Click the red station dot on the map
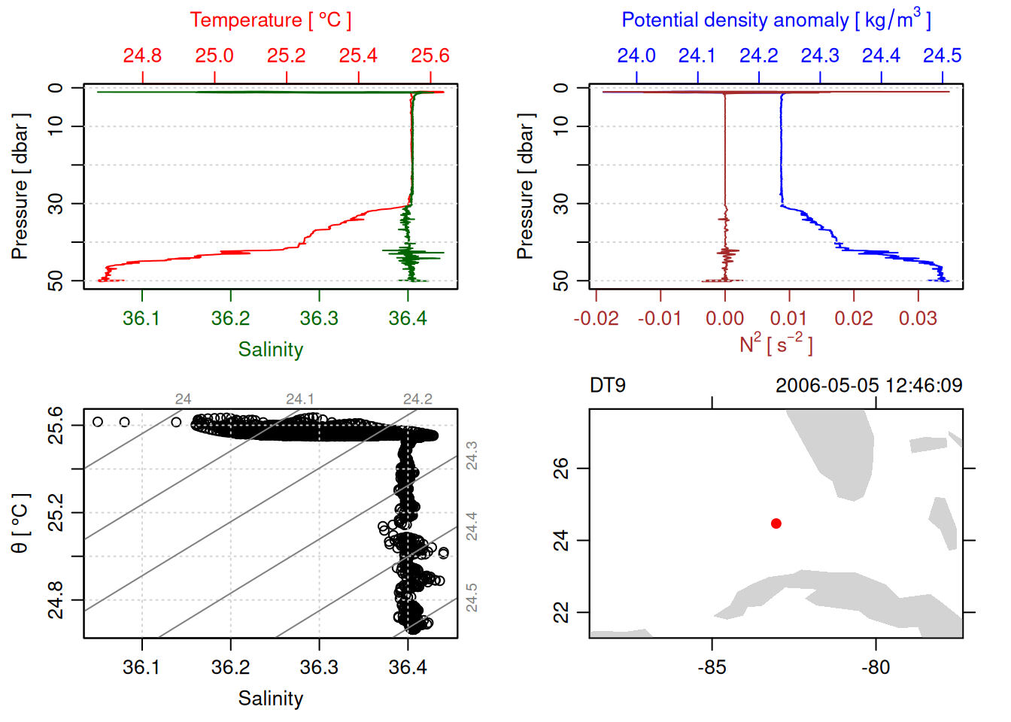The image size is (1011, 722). point(776,523)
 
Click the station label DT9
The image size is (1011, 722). point(608,386)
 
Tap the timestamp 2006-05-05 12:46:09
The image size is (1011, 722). point(868,386)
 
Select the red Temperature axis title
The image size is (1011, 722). point(270,20)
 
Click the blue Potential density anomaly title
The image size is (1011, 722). point(776,20)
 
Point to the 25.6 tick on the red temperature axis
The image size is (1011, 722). point(430,56)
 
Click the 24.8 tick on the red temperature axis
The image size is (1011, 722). point(142,56)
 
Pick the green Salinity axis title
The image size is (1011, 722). point(270,350)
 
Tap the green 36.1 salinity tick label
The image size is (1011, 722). point(141,319)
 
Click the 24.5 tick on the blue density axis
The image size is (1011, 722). point(942,56)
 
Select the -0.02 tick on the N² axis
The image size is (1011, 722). point(596,319)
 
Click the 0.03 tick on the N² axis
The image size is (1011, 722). point(918,319)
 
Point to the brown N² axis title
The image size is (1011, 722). point(776,344)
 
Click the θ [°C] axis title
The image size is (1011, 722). point(20,523)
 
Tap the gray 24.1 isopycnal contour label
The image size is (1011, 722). point(299,399)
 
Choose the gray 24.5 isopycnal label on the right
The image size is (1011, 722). point(472,598)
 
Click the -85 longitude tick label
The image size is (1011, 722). point(712,668)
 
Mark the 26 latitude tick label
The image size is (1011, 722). point(561,469)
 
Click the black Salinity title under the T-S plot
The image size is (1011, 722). point(270,699)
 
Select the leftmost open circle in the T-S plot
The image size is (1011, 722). point(98,422)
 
